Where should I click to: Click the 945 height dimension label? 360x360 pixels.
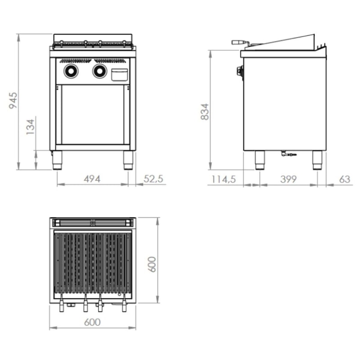[13, 100]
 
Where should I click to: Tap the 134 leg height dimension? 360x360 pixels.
[30, 127]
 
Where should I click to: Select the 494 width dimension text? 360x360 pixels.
[92, 179]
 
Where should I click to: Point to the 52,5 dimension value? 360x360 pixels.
[153, 179]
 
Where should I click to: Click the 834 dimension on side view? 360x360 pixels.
[205, 112]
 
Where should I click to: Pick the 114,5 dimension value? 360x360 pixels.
[223, 179]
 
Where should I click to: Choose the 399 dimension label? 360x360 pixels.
[288, 179]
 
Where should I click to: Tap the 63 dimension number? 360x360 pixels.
[345, 179]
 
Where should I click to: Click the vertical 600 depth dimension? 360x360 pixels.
[152, 264]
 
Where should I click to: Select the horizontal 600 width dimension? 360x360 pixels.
[92, 322]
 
